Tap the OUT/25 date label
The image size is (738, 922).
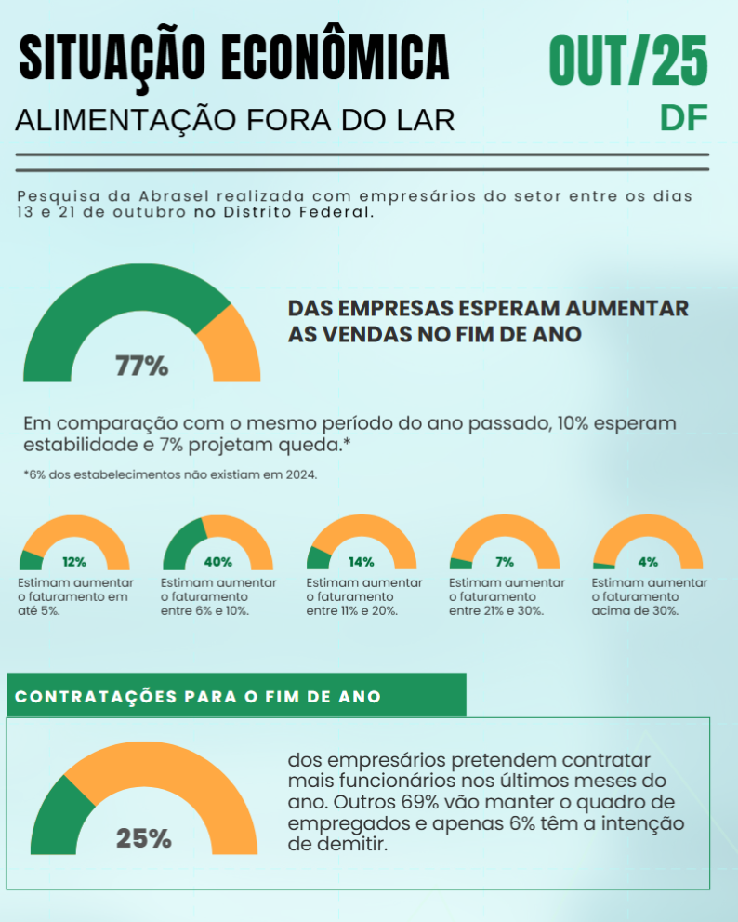pos(628,60)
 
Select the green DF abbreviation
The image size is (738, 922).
pos(684,117)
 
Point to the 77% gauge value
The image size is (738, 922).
pos(141,366)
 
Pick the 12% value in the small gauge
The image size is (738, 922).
pos(74,562)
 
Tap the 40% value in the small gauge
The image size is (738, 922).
pos(217,562)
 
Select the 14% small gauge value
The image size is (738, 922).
pos(361,562)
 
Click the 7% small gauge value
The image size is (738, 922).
pos(505,562)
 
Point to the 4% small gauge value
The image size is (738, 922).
pos(648,562)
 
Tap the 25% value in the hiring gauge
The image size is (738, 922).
pos(144,838)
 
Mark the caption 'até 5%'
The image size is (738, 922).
pos(41,610)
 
